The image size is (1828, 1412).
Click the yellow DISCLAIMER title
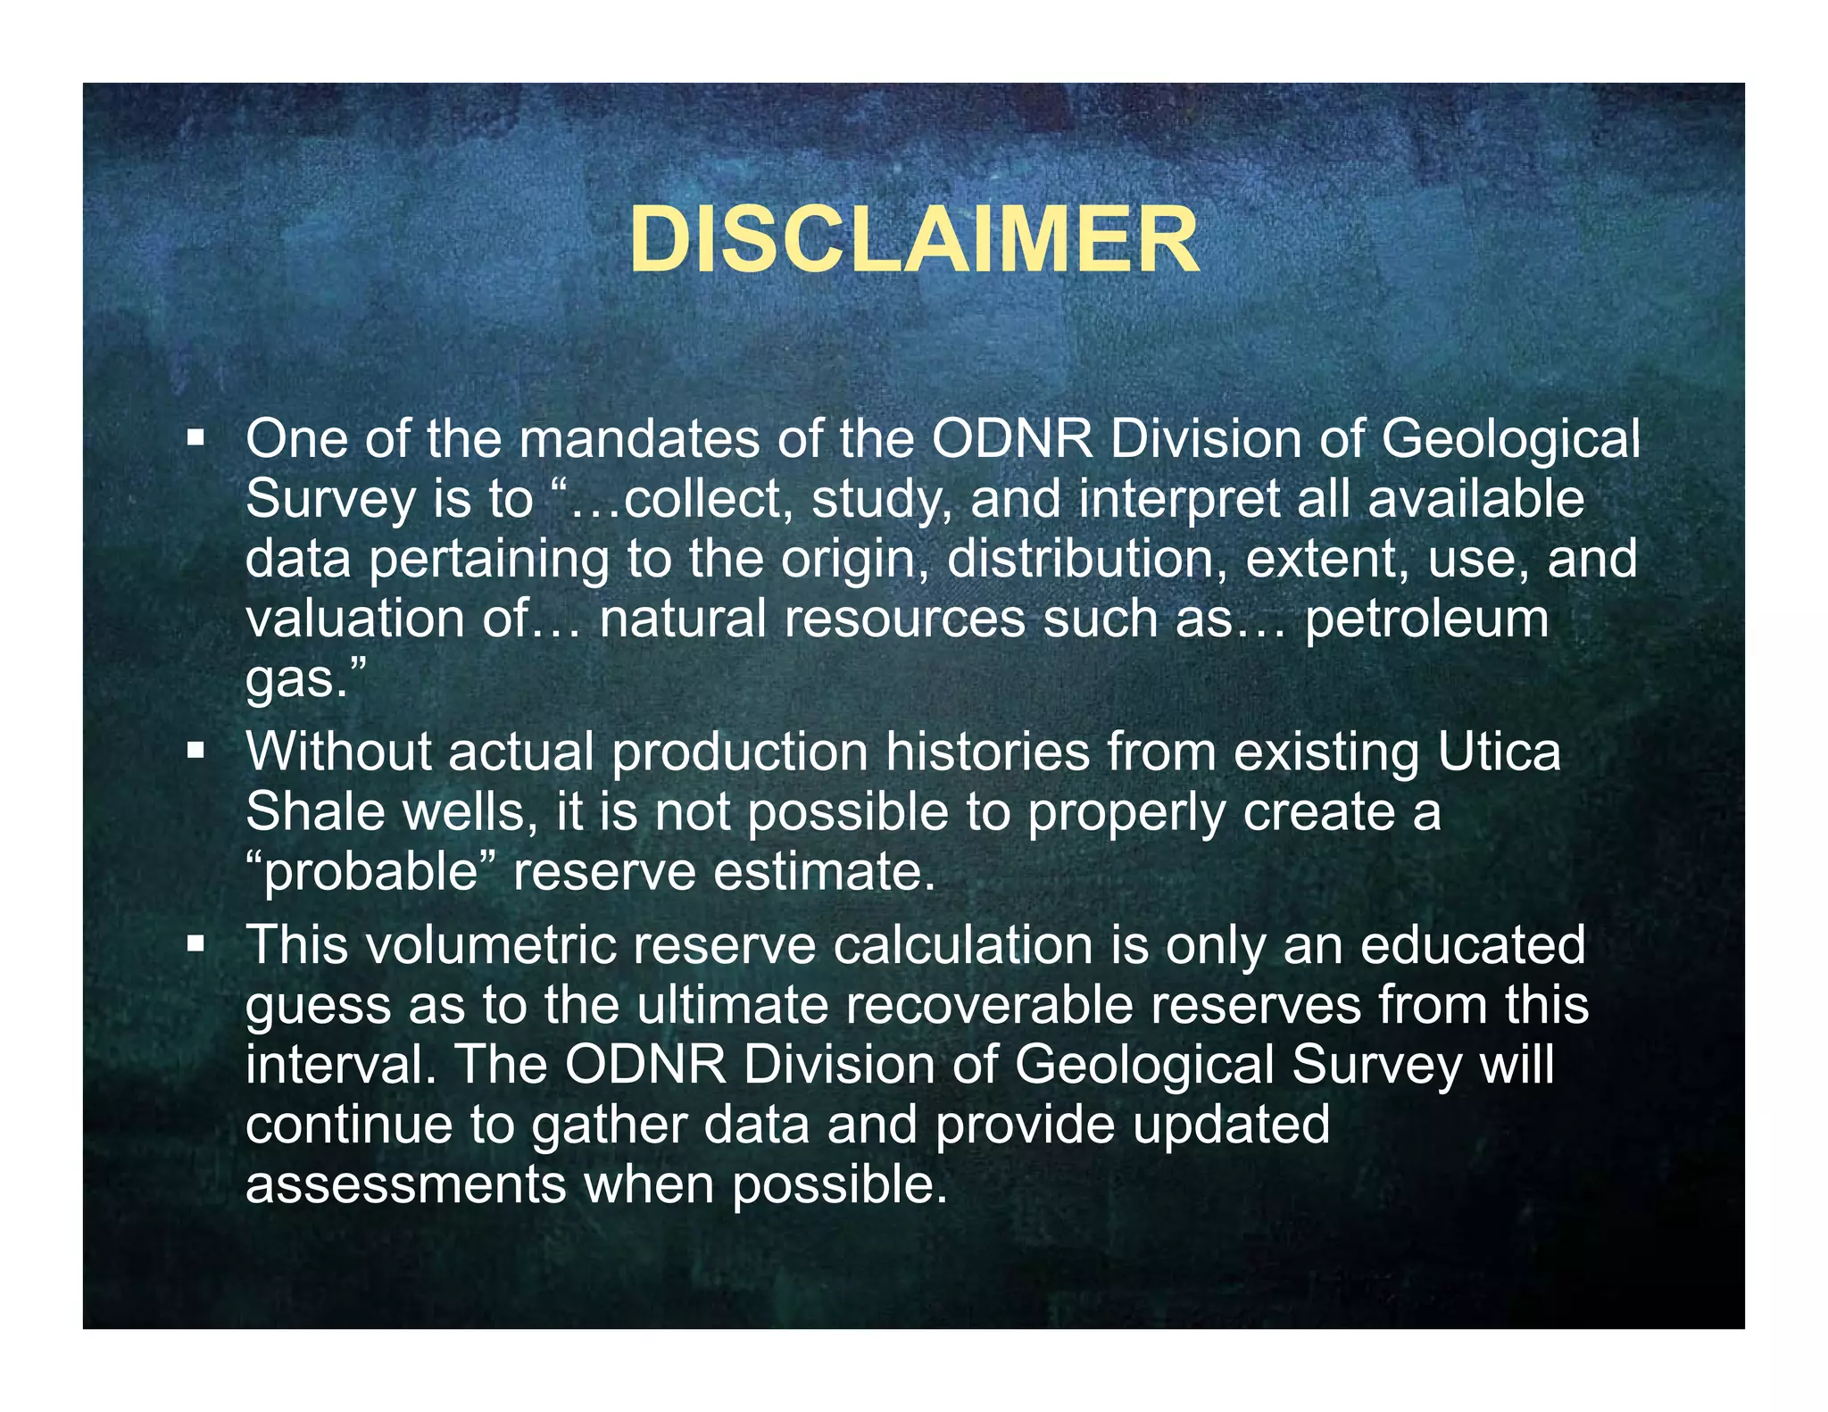[x=914, y=241]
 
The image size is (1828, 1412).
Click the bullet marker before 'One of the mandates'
[x=195, y=438]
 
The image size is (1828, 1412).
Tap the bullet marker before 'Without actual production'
[x=195, y=752]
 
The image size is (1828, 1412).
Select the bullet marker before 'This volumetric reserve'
[x=195, y=944]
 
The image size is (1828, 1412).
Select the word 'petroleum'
[x=1426, y=619]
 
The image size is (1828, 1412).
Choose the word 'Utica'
[x=1499, y=752]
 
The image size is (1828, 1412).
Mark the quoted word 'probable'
[x=370, y=872]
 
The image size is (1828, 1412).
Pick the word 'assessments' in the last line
[x=405, y=1184]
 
